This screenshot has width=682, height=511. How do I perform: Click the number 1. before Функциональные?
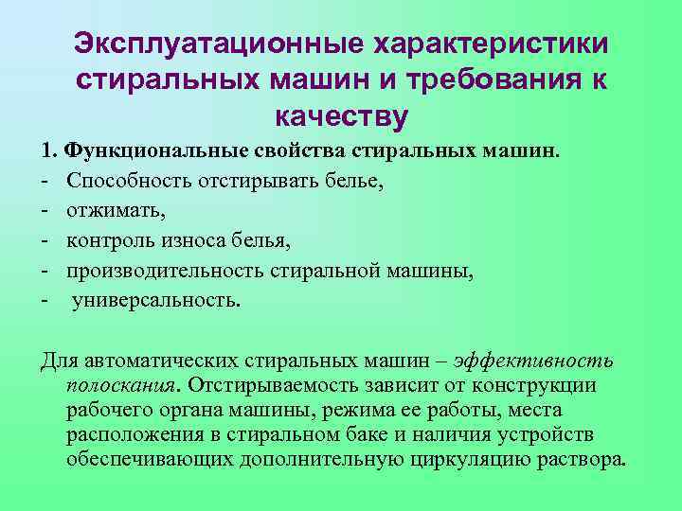[49, 150]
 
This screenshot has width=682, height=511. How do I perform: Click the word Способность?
[128, 181]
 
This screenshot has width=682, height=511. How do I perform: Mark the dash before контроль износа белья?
[44, 241]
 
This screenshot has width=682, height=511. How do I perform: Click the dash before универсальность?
[44, 302]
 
